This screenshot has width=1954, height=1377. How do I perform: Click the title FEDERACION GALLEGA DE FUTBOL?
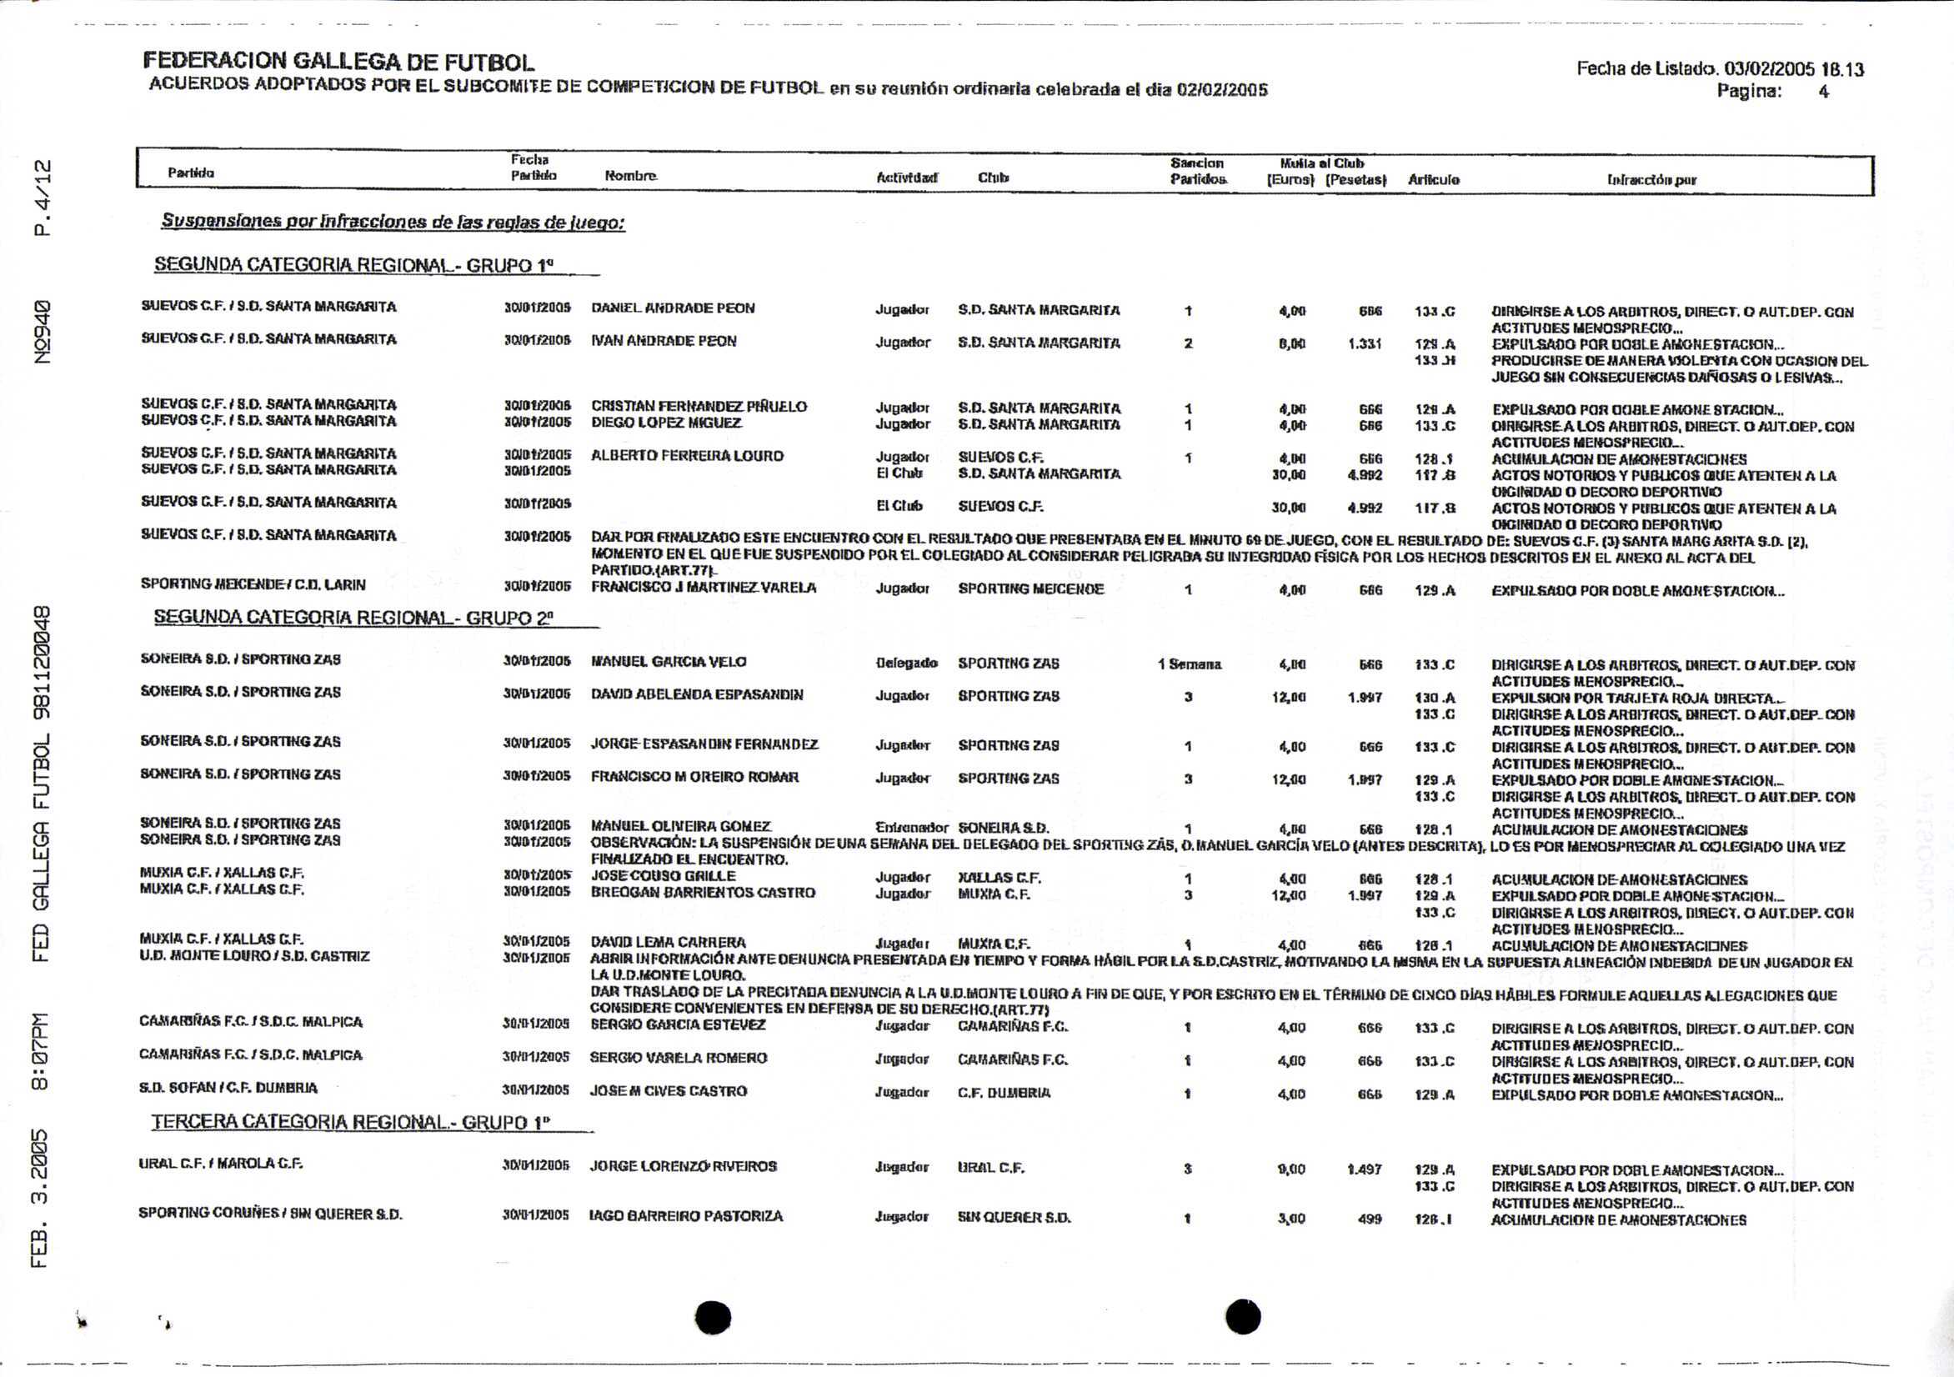(338, 62)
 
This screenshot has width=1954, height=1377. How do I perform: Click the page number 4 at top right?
(1823, 92)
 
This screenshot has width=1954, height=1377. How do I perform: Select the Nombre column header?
(629, 176)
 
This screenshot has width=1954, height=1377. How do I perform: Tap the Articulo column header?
(1433, 179)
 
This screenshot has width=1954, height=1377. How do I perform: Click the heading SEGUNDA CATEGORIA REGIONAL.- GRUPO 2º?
(353, 618)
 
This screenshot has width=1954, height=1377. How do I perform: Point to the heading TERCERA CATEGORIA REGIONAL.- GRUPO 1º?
(351, 1122)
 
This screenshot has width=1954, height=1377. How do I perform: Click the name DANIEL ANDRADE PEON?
(673, 308)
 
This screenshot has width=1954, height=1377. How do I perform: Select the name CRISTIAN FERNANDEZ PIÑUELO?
(699, 406)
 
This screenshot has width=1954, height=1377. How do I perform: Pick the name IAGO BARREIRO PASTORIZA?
(686, 1216)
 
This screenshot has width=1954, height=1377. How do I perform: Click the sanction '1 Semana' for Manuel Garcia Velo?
(1189, 663)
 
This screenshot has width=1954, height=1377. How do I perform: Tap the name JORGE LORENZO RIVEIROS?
(683, 1166)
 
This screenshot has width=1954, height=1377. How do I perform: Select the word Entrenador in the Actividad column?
(910, 827)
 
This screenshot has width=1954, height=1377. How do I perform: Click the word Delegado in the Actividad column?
(906, 663)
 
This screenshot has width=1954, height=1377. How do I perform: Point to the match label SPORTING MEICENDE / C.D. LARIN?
(253, 584)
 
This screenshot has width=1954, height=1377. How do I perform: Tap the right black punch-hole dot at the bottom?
(1244, 1318)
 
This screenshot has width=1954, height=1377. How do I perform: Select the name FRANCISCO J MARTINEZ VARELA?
(703, 587)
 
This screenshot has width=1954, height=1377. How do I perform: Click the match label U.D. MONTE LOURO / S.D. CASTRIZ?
(253, 957)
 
